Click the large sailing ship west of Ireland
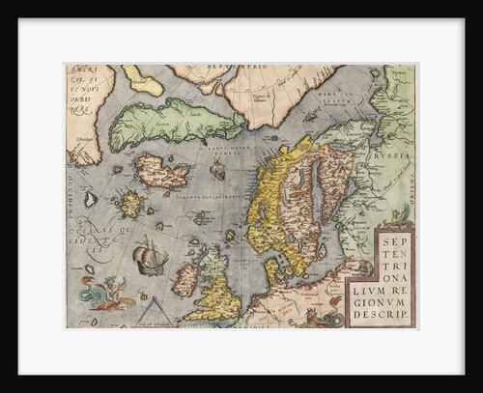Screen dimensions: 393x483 150,258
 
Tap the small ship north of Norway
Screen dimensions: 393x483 218,170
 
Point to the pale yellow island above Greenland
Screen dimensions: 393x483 143,81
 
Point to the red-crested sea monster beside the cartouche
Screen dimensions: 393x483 335,307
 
